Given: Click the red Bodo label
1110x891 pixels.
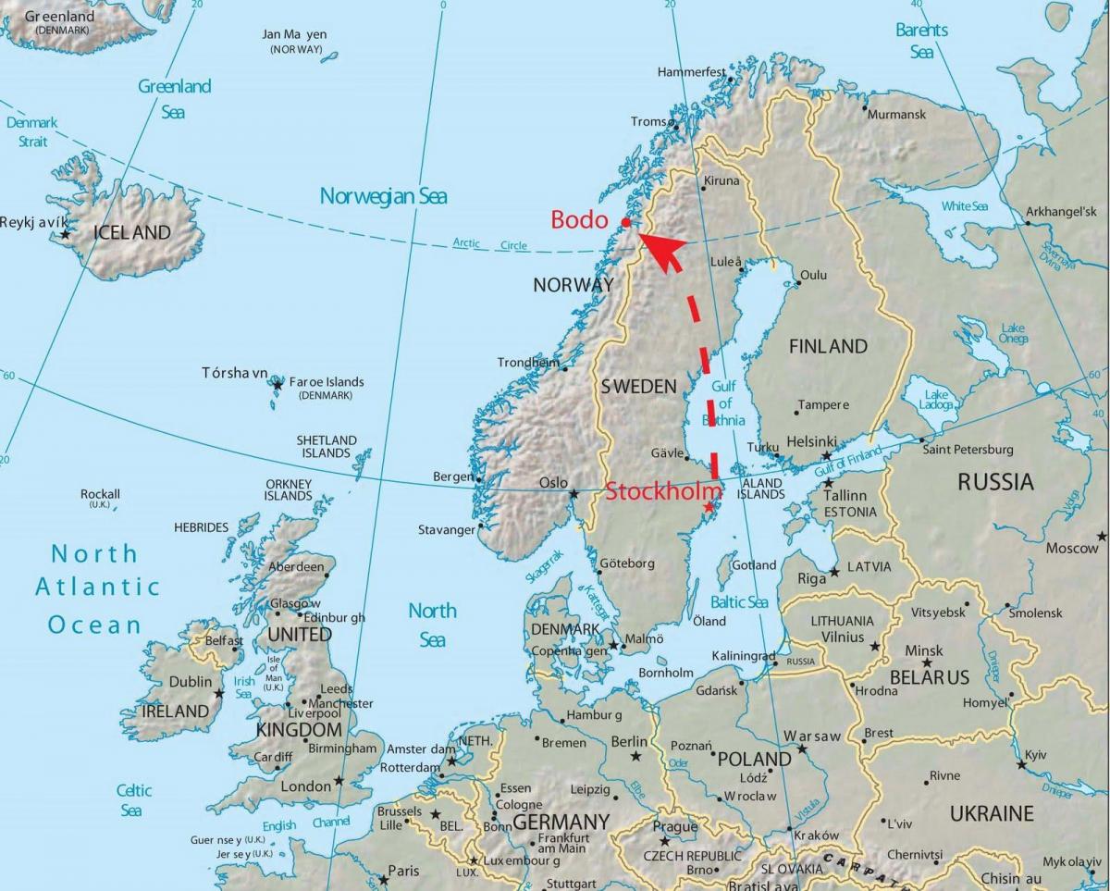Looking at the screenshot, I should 579,220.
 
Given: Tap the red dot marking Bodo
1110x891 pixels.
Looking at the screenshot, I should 626,222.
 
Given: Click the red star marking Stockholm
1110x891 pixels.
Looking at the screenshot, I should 709,507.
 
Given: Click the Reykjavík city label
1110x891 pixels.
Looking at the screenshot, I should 33,223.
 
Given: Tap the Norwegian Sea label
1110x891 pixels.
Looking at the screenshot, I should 383,196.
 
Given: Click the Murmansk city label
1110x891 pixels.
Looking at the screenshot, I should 896,115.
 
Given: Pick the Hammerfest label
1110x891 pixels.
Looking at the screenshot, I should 692,71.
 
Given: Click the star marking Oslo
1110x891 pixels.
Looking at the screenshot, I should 574,494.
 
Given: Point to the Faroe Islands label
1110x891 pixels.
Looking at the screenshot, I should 327,382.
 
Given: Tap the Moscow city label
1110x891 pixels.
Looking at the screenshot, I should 1071,549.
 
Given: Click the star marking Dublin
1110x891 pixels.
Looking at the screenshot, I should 218,693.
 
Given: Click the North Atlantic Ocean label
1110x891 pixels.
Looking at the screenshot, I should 95,588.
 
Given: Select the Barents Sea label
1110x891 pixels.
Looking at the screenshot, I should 921,41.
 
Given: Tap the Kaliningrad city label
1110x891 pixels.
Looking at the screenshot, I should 744,656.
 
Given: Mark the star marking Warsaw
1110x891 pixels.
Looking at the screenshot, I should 802,748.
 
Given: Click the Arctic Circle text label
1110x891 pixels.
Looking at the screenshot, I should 490,244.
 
